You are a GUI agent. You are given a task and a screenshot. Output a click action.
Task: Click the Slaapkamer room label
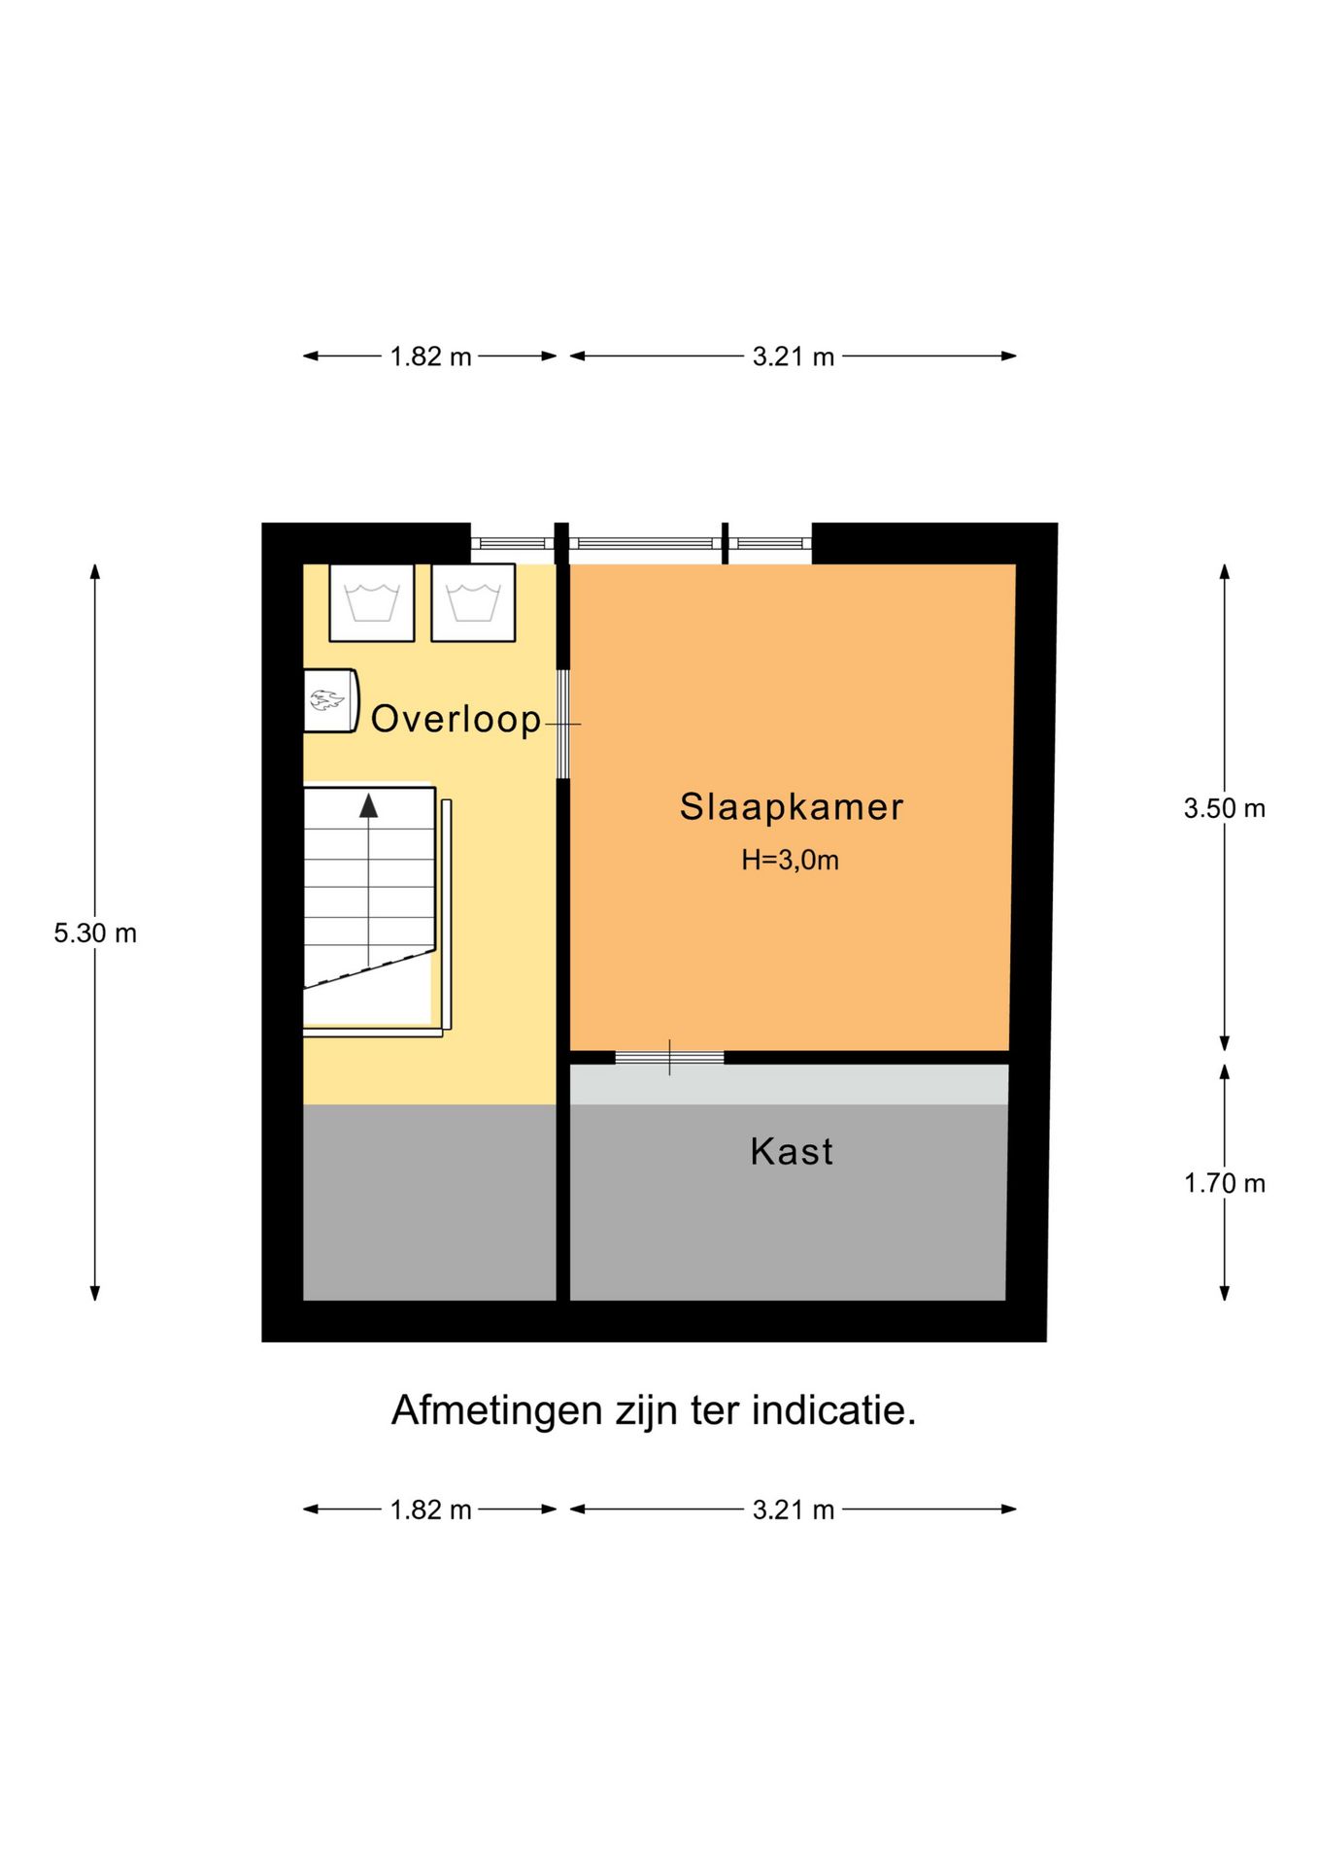[x=791, y=807]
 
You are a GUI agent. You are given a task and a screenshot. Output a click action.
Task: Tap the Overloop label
[x=456, y=719]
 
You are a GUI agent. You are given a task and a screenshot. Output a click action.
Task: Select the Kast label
[x=792, y=1151]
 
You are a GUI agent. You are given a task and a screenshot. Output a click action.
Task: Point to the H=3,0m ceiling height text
[x=790, y=861]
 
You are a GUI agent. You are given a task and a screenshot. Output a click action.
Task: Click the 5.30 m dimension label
[x=95, y=933]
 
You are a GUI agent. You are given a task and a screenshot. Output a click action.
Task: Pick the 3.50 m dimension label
[x=1224, y=808]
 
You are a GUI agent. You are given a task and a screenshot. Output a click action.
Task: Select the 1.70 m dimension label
[x=1224, y=1183]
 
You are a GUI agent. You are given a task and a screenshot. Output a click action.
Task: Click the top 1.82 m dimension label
[x=430, y=356]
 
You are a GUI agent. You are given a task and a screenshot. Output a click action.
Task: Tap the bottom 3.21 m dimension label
[x=793, y=1509]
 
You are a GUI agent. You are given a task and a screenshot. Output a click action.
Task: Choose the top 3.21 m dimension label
[x=793, y=356]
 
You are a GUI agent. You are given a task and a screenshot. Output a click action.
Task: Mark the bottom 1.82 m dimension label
[x=430, y=1509]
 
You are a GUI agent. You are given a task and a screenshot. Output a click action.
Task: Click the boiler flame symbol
[x=326, y=699]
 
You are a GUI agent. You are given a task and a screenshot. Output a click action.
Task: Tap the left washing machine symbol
[x=372, y=602]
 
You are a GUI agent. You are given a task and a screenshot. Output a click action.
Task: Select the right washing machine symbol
[x=473, y=602]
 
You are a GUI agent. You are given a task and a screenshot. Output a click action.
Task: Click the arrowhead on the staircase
[x=368, y=805]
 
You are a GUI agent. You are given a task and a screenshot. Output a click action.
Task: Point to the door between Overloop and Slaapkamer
[x=562, y=724]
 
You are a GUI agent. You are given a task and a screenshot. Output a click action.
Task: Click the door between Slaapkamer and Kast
[x=669, y=1057]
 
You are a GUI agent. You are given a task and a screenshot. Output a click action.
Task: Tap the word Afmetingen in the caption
[x=496, y=1410]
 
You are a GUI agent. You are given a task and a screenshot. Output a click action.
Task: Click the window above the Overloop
[x=512, y=543]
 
